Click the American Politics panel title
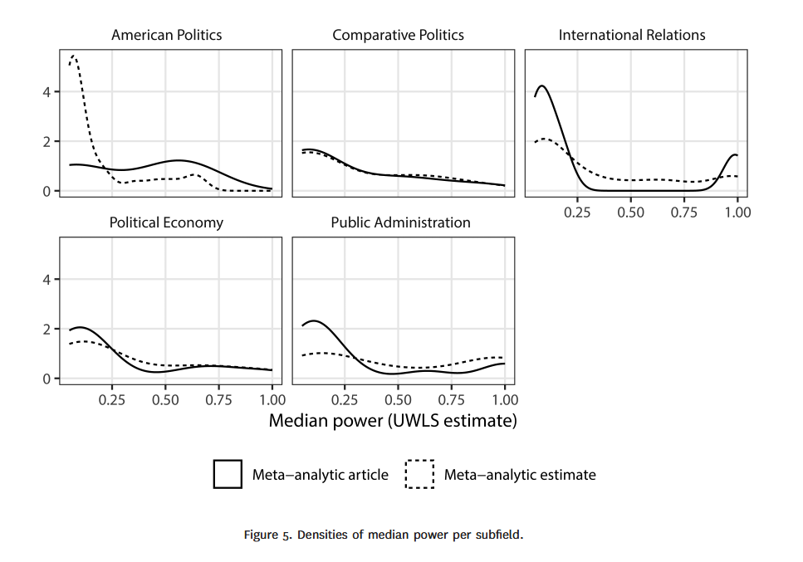click(x=166, y=35)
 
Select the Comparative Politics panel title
click(x=398, y=35)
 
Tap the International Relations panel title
click(x=632, y=35)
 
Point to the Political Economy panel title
click(x=166, y=222)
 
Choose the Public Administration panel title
click(x=400, y=222)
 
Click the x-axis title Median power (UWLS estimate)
click(x=393, y=421)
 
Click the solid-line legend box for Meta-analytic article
click(x=228, y=474)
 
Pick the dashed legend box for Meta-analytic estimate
click(x=419, y=474)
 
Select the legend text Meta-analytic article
click(x=321, y=475)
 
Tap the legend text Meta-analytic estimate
click(x=520, y=475)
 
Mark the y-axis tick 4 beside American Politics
click(x=48, y=92)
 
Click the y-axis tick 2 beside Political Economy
click(x=48, y=330)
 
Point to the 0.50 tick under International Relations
click(x=631, y=213)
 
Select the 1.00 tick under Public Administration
click(x=505, y=400)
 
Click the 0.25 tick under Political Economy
click(x=112, y=400)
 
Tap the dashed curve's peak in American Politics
click(x=74, y=56)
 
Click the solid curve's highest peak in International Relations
click(x=542, y=86)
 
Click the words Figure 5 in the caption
click(x=267, y=535)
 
